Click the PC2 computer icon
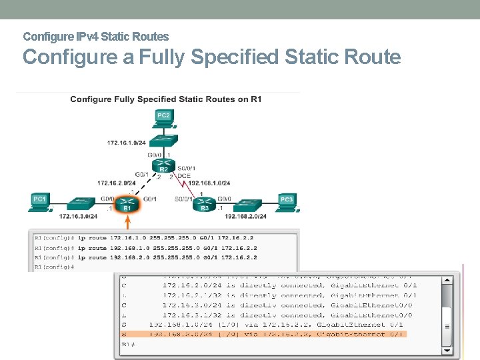(163, 118)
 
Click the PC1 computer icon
(41, 201)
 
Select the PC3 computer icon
(287, 201)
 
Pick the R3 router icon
(205, 202)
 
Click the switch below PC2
(163, 141)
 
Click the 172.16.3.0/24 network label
(79, 216)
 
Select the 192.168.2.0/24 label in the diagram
(245, 216)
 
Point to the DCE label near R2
(184, 176)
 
